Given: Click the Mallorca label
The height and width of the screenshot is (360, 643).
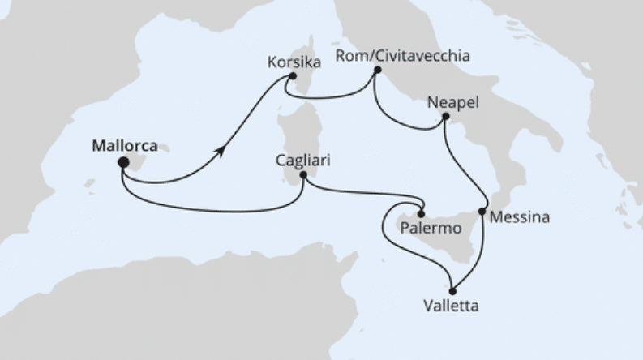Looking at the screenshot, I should click(124, 147).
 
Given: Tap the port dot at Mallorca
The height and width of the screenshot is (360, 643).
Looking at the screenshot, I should click(123, 162).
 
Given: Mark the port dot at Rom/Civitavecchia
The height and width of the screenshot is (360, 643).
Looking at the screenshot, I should click(377, 71).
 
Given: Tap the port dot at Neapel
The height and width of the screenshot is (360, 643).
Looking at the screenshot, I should click(445, 118).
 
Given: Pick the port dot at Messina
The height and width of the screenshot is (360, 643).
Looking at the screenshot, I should click(482, 212).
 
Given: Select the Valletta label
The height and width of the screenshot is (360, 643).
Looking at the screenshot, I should click(450, 306).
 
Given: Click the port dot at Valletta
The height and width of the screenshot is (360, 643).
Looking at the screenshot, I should click(452, 291).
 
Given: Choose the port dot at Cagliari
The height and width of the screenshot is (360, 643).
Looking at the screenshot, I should click(303, 174).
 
